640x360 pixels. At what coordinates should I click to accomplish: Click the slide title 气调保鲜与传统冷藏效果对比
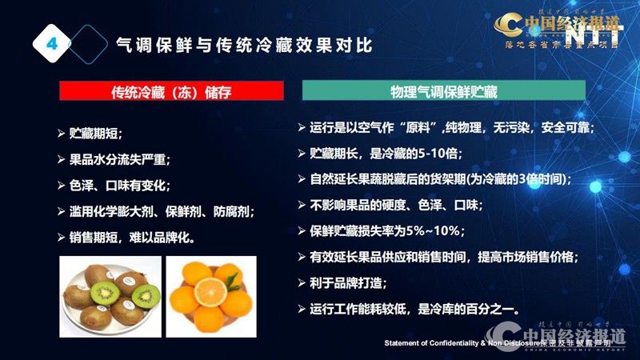pyautogui.click(x=244, y=45)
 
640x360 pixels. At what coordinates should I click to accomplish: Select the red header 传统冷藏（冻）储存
pyautogui.click(x=171, y=91)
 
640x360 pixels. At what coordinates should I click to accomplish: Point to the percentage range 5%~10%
pyautogui.click(x=443, y=231)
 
